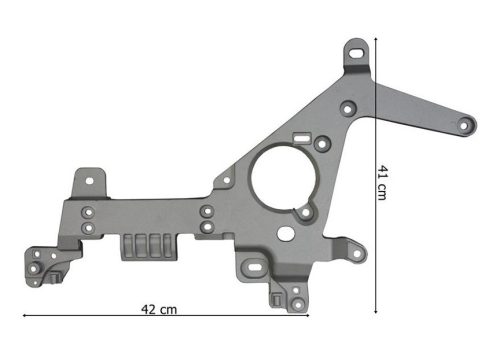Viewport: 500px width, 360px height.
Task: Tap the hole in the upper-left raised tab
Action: click(90, 182)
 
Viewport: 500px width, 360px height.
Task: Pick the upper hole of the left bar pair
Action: click(88, 211)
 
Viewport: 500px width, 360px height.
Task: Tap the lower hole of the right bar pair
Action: click(205, 227)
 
